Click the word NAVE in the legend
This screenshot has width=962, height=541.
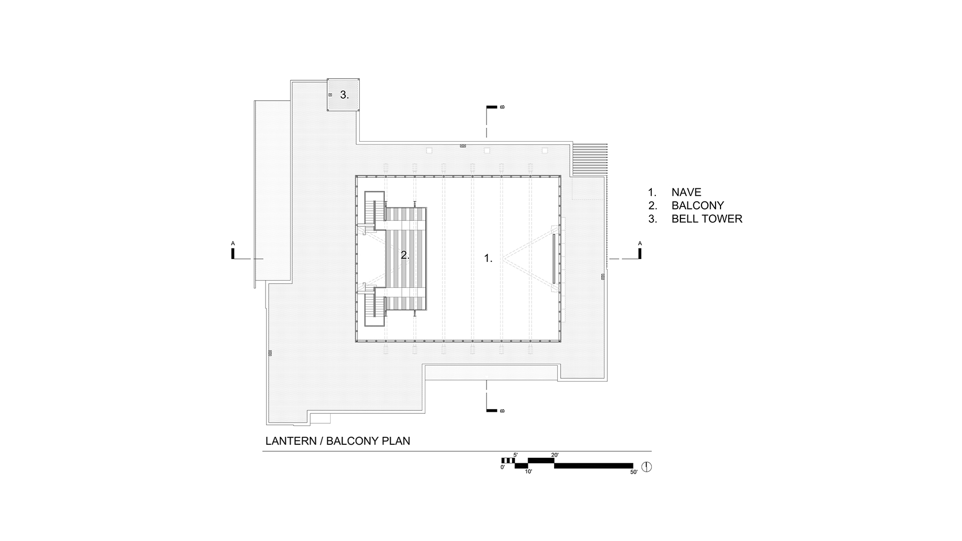pos(686,192)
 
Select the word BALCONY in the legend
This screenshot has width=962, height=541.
pos(698,205)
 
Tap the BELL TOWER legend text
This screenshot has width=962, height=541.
pos(707,219)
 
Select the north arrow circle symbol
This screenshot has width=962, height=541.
pos(647,467)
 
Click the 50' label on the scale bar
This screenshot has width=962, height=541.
pos(634,472)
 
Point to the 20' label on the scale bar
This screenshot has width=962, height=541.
pos(555,455)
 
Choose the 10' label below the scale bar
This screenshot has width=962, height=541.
pos(528,472)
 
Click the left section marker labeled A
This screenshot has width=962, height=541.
pos(233,251)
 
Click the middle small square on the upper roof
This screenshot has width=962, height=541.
pos(487,150)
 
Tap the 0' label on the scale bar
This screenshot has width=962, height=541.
pos(503,467)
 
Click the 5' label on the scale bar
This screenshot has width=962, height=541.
pos(515,455)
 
